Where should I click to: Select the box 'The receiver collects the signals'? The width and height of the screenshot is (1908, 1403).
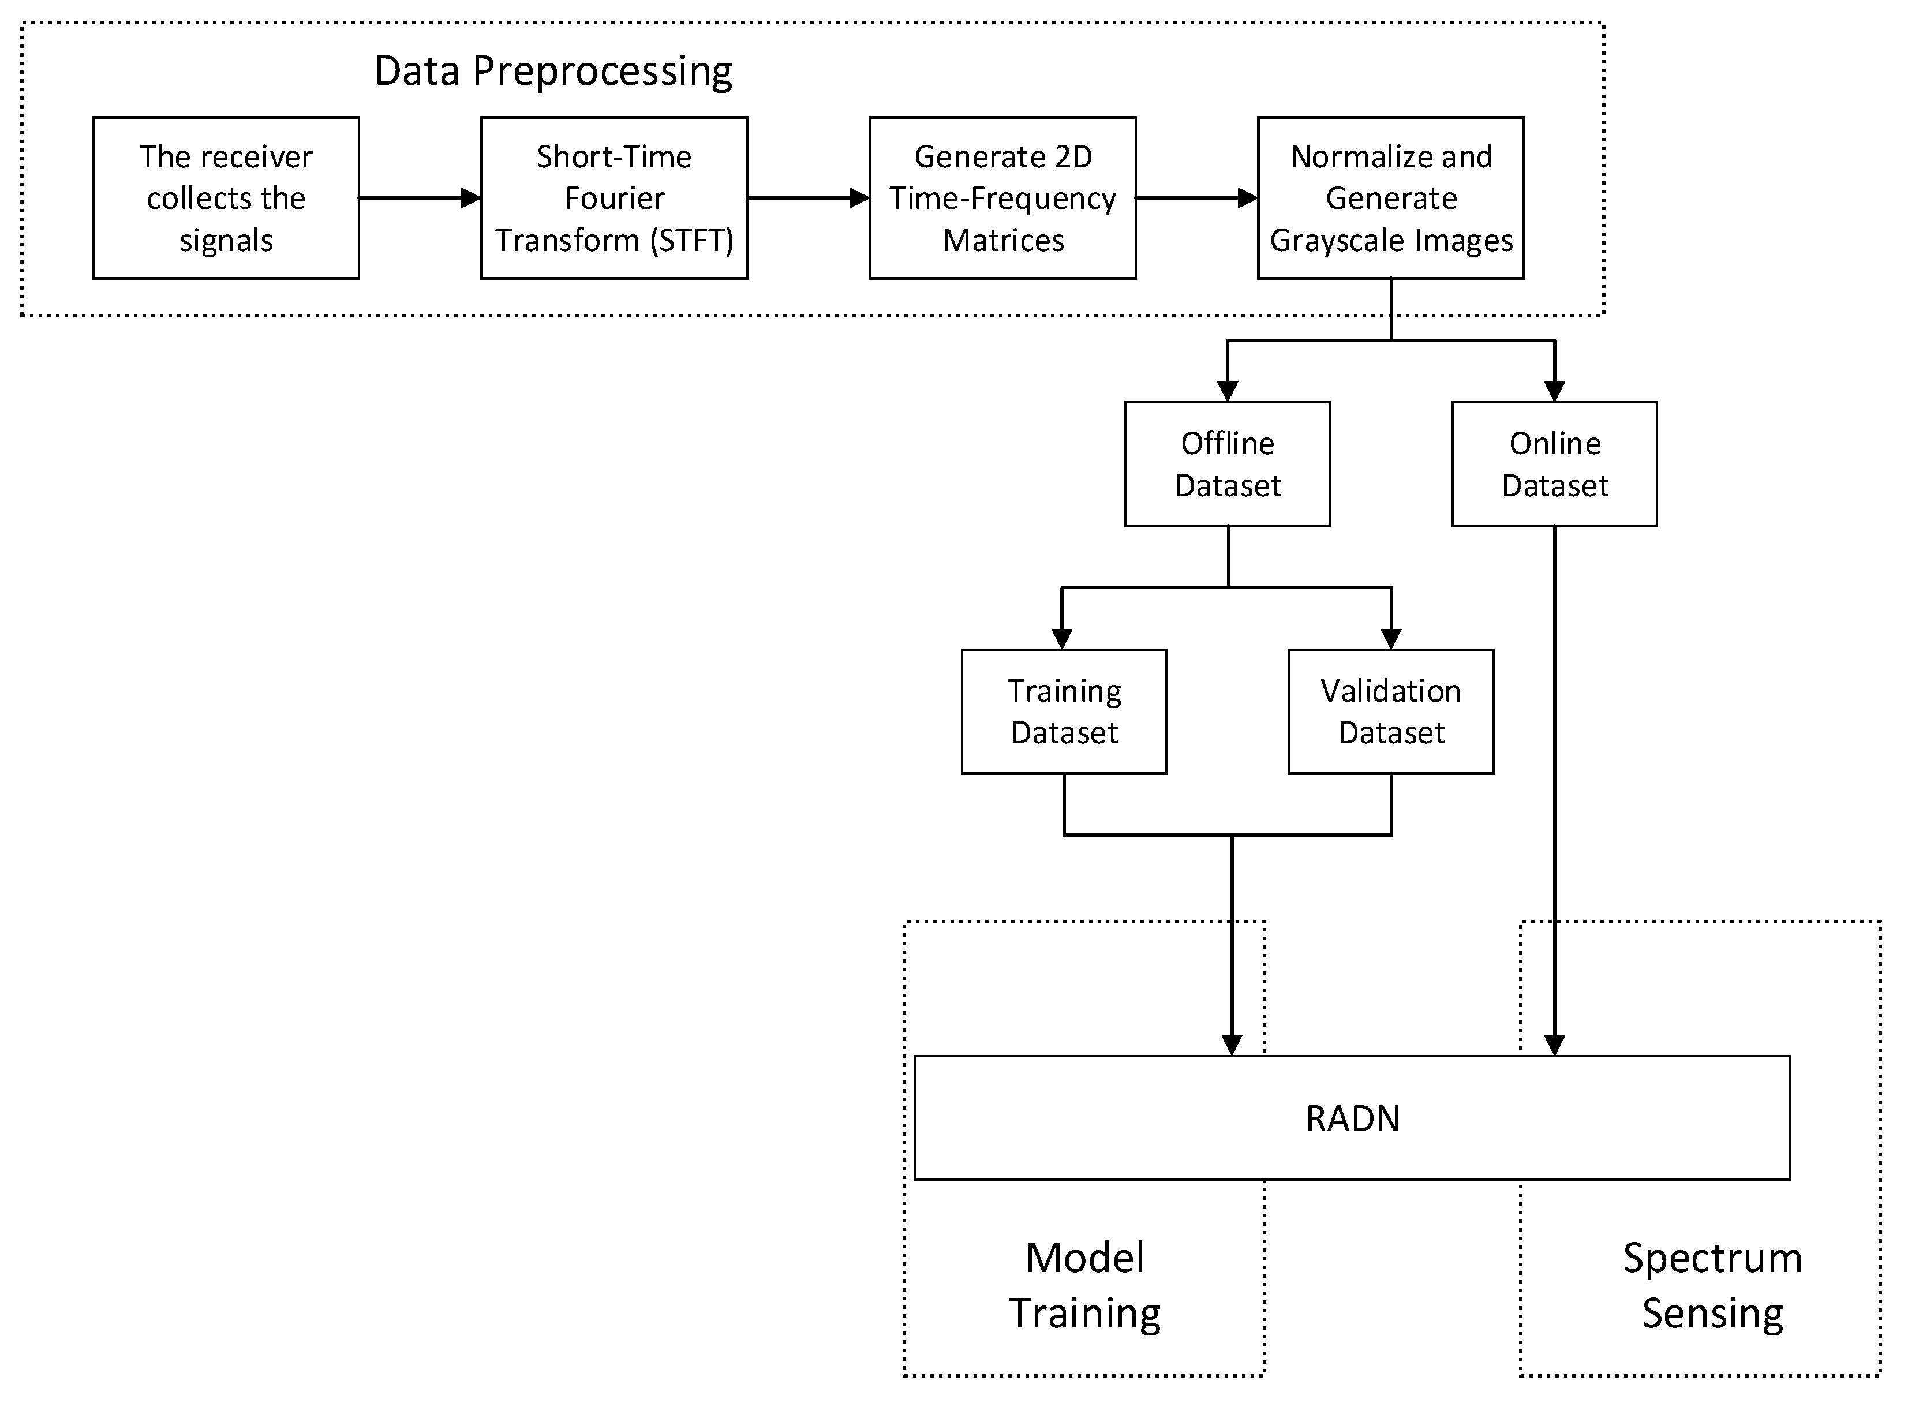click(x=226, y=198)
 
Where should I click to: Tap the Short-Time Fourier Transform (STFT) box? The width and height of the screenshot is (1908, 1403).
click(x=614, y=198)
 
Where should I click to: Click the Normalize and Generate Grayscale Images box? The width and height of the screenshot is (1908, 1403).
click(x=1390, y=198)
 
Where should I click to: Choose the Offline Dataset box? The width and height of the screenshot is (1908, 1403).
click(x=1227, y=463)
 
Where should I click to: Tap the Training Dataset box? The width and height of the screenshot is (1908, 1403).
click(x=1064, y=712)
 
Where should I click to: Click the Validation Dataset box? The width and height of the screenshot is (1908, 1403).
click(x=1390, y=712)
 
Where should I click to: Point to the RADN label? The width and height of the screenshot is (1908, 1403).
click(x=1352, y=1118)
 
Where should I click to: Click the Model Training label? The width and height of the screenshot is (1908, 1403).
click(x=1084, y=1285)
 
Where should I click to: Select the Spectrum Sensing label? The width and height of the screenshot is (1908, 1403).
click(x=1712, y=1285)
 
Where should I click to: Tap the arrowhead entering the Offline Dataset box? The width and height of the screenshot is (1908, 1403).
click(x=1227, y=391)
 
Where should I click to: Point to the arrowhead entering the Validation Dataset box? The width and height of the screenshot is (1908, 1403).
click(x=1391, y=639)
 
